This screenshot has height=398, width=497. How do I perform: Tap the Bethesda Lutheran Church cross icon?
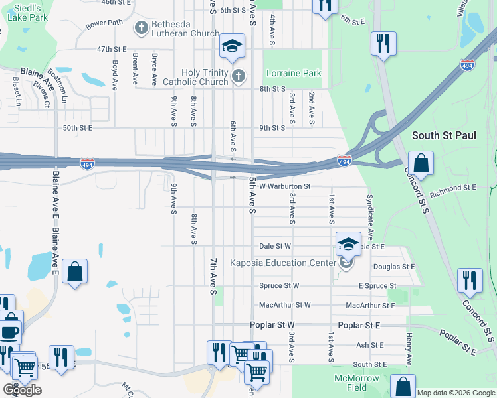point(140,28)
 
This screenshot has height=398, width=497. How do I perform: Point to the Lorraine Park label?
point(293,74)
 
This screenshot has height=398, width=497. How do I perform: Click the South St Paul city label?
point(444,135)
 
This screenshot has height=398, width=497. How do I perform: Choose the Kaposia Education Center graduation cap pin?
point(348,243)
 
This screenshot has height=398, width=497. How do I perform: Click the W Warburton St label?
point(284,186)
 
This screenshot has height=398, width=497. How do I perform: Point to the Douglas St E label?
point(393,267)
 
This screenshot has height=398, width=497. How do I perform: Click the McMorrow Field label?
point(359,383)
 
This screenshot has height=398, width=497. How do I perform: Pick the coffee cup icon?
point(9,331)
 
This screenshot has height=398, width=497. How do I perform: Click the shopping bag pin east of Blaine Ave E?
point(75,271)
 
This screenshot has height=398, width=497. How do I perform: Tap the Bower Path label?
point(104,23)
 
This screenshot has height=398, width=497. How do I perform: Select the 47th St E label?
point(112,49)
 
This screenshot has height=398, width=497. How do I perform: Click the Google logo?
point(22,390)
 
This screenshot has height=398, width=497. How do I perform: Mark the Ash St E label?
point(369,345)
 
